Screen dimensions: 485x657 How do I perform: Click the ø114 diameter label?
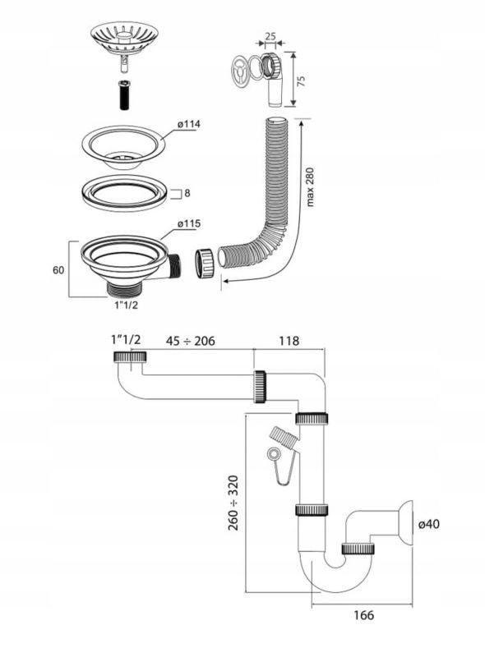click(188, 125)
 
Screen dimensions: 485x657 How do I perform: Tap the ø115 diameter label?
click(188, 223)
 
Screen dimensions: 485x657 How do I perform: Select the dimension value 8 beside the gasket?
click(187, 193)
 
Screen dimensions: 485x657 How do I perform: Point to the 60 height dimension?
click(58, 270)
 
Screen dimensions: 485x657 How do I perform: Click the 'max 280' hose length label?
click(310, 187)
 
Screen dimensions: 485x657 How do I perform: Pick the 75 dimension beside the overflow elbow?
click(301, 80)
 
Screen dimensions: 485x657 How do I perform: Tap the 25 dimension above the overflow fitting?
click(270, 36)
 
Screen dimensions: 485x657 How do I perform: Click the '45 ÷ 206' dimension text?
click(191, 341)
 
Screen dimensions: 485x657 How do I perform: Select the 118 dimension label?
click(289, 341)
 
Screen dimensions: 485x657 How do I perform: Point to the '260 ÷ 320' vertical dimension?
click(233, 503)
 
